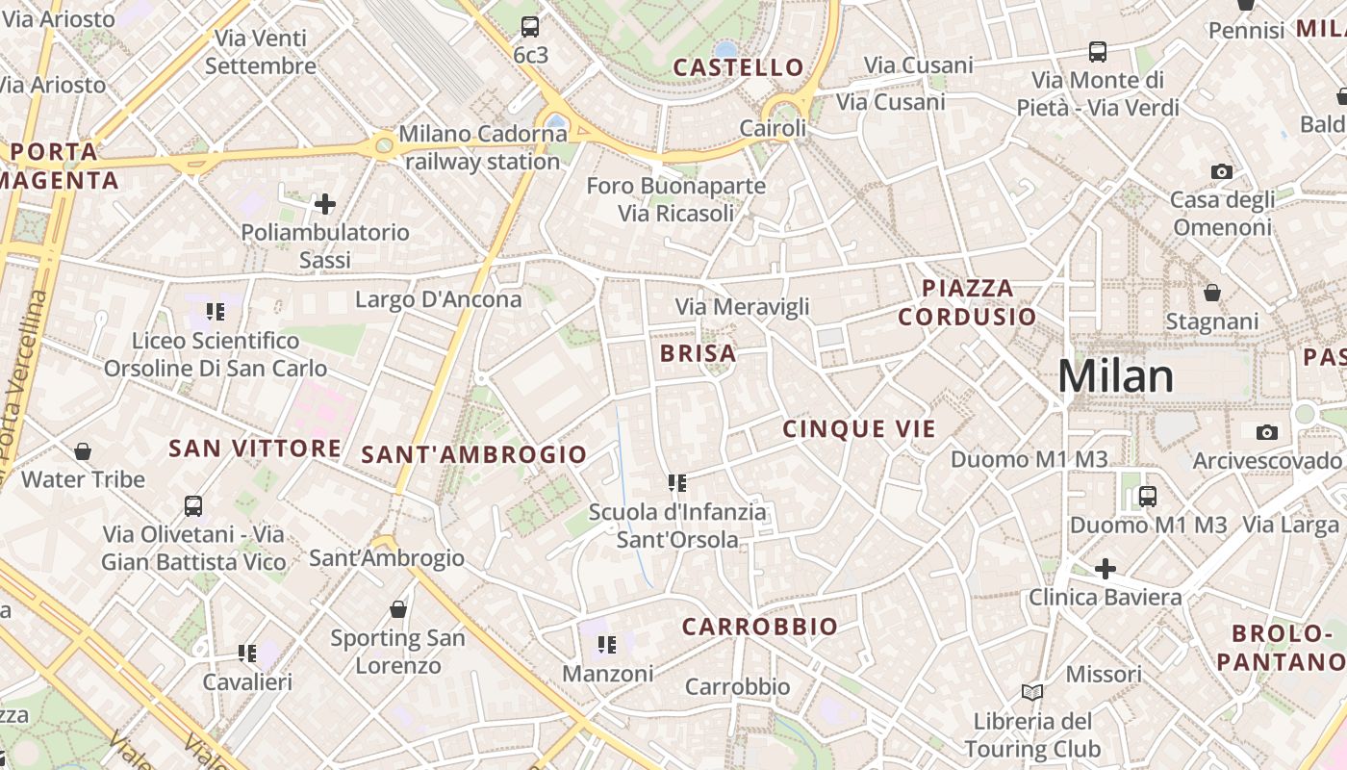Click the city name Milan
click(1116, 376)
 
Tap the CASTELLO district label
click(738, 67)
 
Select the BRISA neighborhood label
click(699, 353)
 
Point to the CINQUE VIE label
click(859, 429)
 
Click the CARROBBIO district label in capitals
click(760, 627)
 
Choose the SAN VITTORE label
click(255, 449)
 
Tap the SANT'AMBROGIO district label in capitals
click(473, 455)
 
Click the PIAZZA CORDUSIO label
click(967, 302)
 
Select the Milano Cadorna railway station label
click(483, 147)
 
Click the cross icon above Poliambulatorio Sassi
click(325, 204)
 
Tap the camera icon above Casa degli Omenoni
click(1222, 172)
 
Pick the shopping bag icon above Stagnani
click(1212, 292)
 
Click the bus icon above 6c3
click(530, 27)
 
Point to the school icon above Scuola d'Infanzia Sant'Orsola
click(677, 482)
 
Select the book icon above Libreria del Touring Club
click(1032, 692)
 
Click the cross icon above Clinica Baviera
click(1106, 569)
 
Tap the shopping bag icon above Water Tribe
click(84, 450)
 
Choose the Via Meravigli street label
click(742, 307)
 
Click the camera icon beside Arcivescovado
click(1267, 432)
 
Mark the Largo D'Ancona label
click(438, 299)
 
